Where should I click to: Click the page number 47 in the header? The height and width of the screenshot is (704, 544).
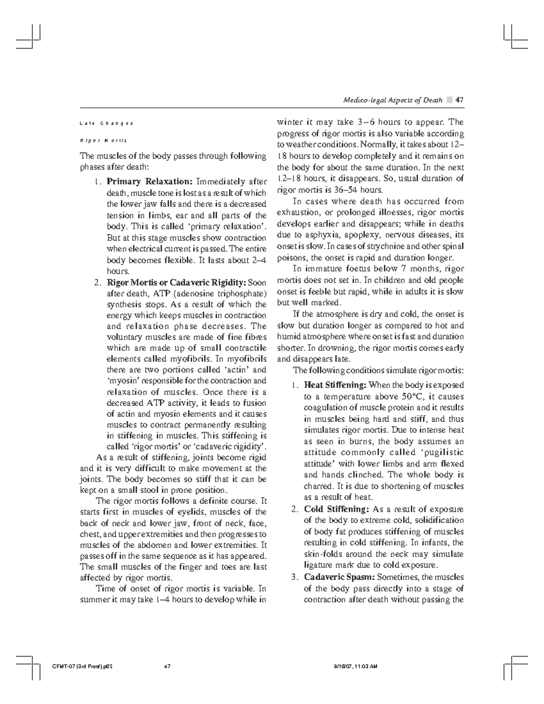(x=459, y=100)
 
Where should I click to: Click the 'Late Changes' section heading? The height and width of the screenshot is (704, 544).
(x=107, y=123)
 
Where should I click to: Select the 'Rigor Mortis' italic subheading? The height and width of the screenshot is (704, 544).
(x=104, y=140)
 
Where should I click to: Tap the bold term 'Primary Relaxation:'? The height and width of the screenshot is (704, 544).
(x=151, y=182)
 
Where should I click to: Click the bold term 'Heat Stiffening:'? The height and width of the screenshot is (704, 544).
(x=335, y=385)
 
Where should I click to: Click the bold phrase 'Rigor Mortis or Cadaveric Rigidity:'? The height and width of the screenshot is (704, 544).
(x=176, y=282)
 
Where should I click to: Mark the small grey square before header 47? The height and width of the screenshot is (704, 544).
(x=449, y=100)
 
